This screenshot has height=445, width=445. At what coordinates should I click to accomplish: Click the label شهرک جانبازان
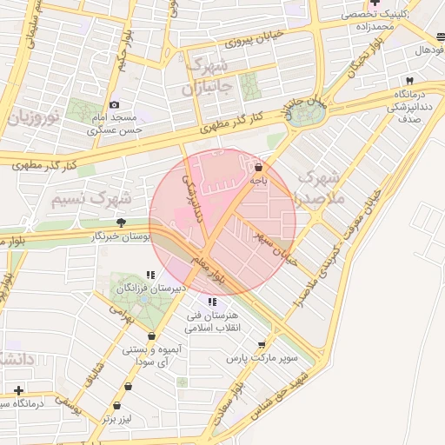coord(206,77)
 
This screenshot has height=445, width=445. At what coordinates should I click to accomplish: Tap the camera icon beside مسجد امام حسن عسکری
coord(114,105)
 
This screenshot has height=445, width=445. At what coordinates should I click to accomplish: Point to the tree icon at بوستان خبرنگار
coord(132,222)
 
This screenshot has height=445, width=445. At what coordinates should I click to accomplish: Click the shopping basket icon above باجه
coord(258,166)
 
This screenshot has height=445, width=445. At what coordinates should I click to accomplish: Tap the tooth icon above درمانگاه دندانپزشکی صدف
coord(409,80)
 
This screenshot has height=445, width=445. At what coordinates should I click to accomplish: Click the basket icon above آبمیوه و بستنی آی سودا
coord(152,336)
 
